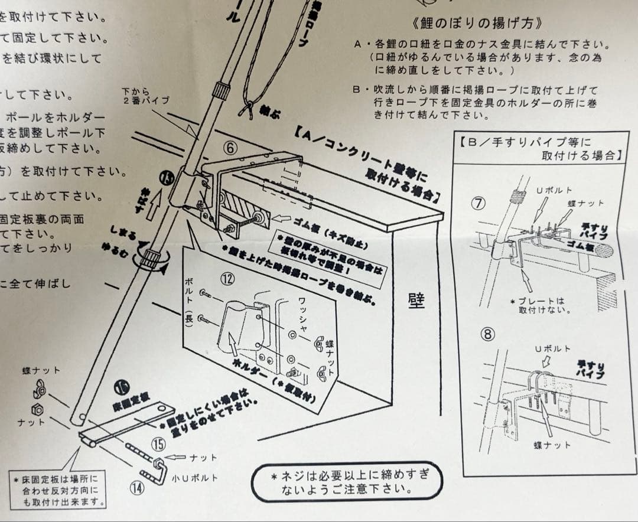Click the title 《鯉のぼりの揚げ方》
(x=477, y=24)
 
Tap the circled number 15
(x=159, y=445)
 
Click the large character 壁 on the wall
(x=416, y=301)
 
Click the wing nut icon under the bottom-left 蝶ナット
(x=41, y=389)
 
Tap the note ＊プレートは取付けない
(x=536, y=305)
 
